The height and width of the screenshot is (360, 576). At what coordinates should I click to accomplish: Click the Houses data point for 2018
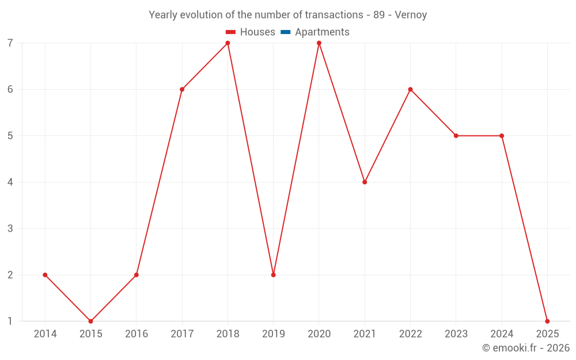coord(228,43)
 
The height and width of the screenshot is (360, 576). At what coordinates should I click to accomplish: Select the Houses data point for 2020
coord(319,43)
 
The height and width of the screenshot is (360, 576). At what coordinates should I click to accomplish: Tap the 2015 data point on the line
coord(90,321)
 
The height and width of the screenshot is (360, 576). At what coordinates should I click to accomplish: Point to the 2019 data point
coord(274,275)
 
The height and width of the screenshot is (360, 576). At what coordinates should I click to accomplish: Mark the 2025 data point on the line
coord(547,321)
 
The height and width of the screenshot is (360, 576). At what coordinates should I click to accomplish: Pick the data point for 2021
coord(365,182)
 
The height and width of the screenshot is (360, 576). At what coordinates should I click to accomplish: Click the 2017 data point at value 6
coord(182,89)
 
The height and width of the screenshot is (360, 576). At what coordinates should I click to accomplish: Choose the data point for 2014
coord(45,275)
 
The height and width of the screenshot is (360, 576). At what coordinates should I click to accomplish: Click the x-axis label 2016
coord(137,334)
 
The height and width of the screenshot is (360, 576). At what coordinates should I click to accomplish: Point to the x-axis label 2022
coord(410,334)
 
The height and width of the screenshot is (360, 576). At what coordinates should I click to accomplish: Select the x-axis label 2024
coord(502,334)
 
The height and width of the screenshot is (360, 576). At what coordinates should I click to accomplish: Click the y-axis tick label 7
coord(10,43)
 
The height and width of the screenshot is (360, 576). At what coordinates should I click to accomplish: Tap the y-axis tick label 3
coord(10,229)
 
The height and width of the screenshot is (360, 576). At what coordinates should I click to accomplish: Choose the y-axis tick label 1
coord(10,321)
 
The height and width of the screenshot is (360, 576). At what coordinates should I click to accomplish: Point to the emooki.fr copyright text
coord(526,348)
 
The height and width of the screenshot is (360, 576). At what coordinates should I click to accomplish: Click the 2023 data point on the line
coord(456,136)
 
